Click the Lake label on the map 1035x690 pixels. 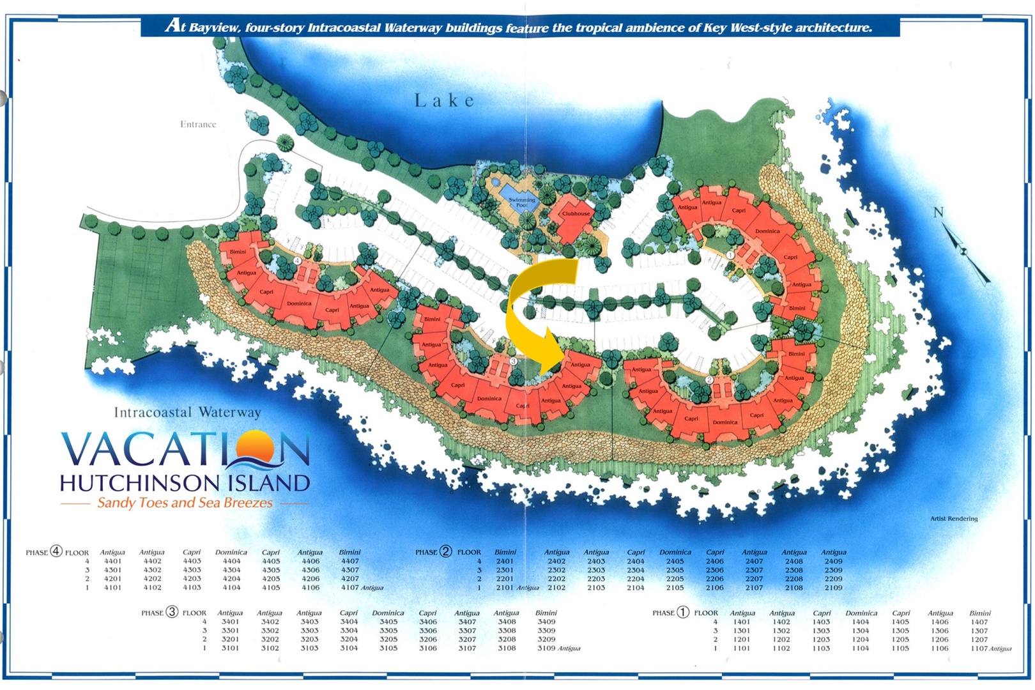tap(445, 100)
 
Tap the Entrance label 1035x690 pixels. tap(198, 124)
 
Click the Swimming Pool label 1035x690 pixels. tap(521, 202)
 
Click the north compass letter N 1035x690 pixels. tap(938, 212)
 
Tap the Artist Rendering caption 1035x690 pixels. tap(953, 518)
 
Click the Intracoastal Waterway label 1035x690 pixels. tap(187, 412)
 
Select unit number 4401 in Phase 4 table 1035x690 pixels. tap(113, 561)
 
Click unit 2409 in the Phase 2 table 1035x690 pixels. tap(833, 561)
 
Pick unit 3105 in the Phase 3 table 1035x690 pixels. tap(388, 648)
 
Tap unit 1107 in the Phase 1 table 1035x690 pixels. tap(979, 648)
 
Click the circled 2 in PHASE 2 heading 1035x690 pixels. tap(445, 551)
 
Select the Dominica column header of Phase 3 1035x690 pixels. tap(388, 613)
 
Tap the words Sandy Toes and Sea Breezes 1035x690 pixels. tap(185, 503)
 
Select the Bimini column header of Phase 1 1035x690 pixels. tap(979, 613)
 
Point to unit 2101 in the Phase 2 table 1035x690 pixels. tap(505, 587)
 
